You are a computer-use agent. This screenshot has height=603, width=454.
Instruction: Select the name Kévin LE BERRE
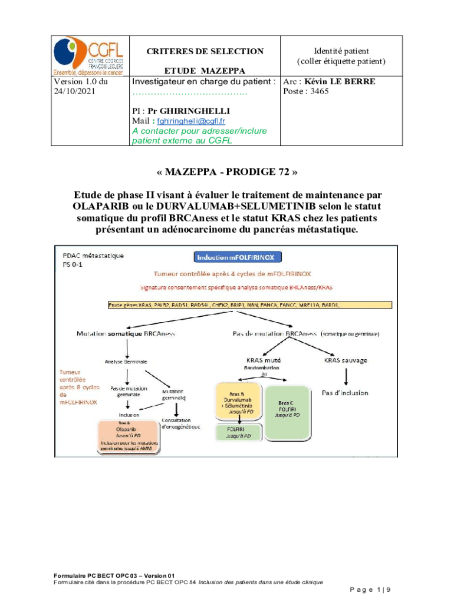coord(340,82)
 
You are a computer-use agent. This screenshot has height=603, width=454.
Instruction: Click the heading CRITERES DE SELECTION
coord(205,51)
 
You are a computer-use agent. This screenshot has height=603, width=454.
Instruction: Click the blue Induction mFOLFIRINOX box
coord(239,257)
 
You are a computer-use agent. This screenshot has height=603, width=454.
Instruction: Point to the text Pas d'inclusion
coord(345,392)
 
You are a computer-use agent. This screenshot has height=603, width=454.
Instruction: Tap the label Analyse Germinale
coord(126,361)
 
